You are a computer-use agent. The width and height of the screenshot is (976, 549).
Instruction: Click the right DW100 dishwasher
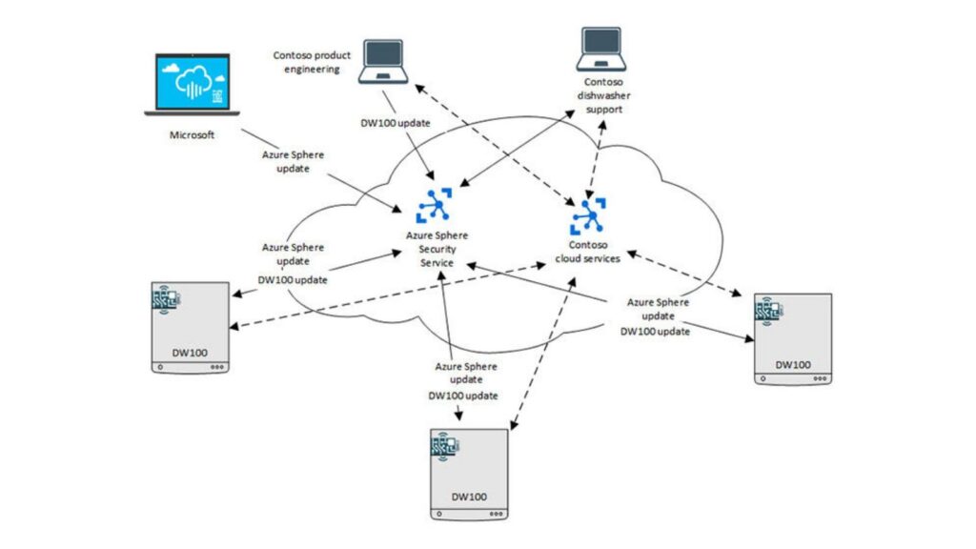pos(792,338)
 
